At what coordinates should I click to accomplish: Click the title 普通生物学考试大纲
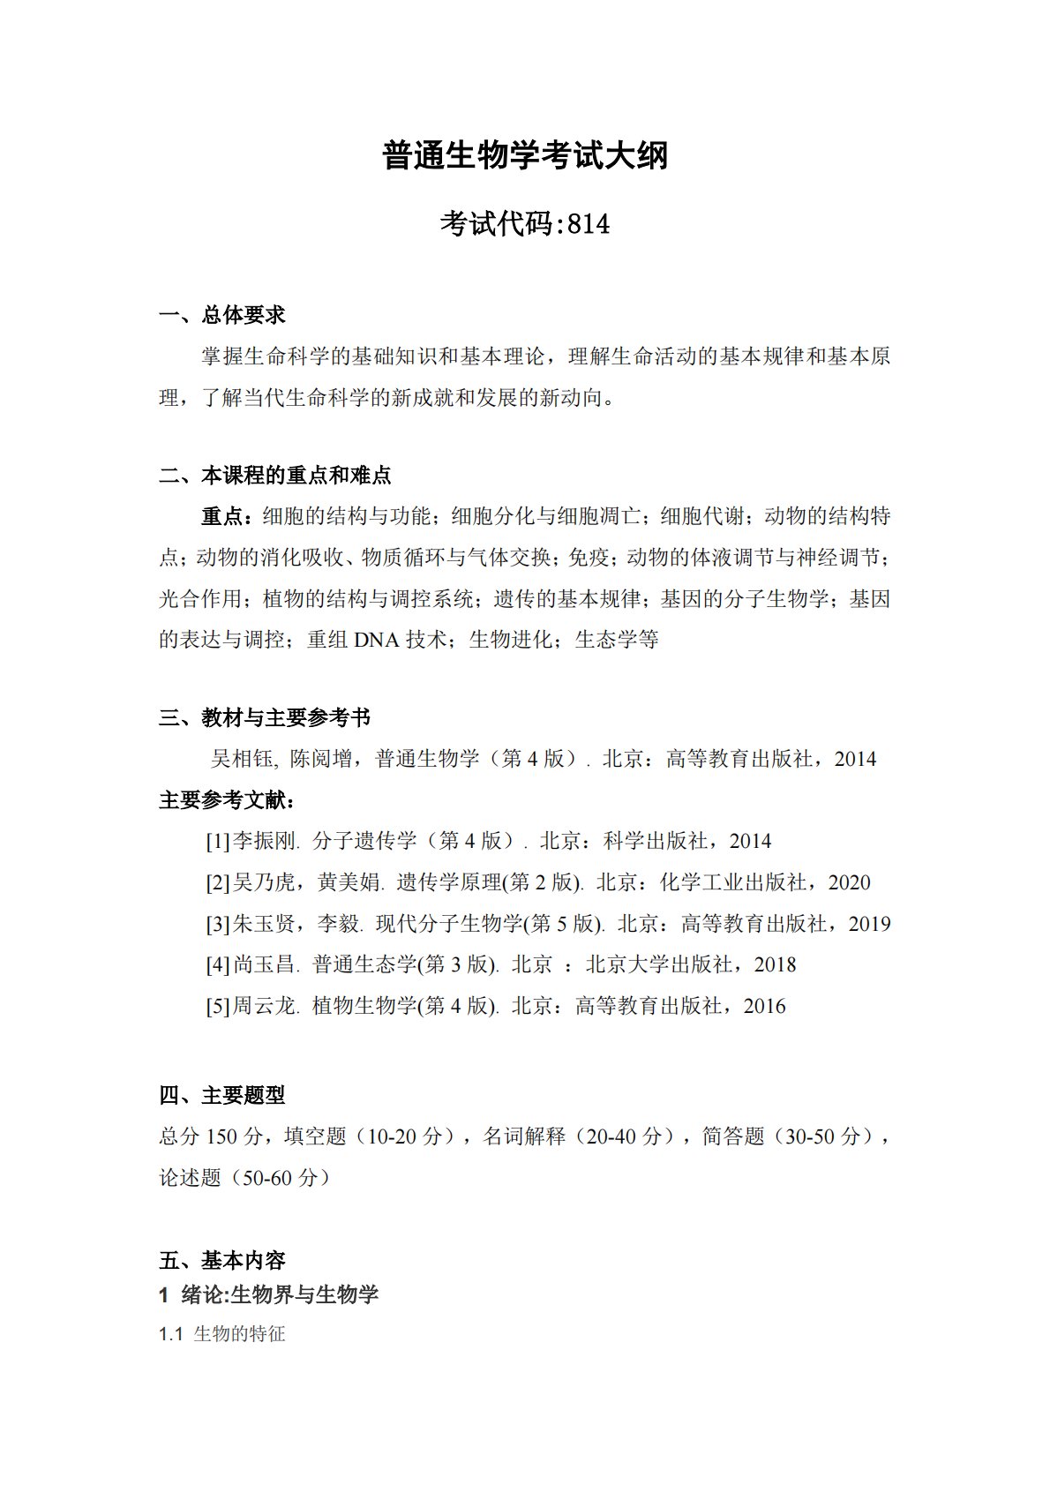click(x=525, y=156)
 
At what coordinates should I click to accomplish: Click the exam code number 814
click(x=589, y=225)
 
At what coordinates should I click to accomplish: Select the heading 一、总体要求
click(x=222, y=315)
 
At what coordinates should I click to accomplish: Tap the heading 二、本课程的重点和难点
click(x=275, y=476)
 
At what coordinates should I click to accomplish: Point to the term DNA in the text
click(x=377, y=640)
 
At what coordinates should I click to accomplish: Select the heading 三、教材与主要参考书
click(x=265, y=717)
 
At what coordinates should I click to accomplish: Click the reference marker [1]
click(x=217, y=842)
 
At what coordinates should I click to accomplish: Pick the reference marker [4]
click(x=217, y=965)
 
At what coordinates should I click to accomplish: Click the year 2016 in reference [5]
click(x=764, y=1007)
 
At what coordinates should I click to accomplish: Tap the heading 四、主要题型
click(x=222, y=1095)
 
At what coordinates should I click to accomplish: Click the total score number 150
click(x=222, y=1136)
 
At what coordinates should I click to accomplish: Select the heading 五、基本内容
click(x=222, y=1260)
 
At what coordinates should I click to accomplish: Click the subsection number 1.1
click(x=170, y=1334)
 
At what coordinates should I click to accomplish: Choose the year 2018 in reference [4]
click(x=775, y=965)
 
